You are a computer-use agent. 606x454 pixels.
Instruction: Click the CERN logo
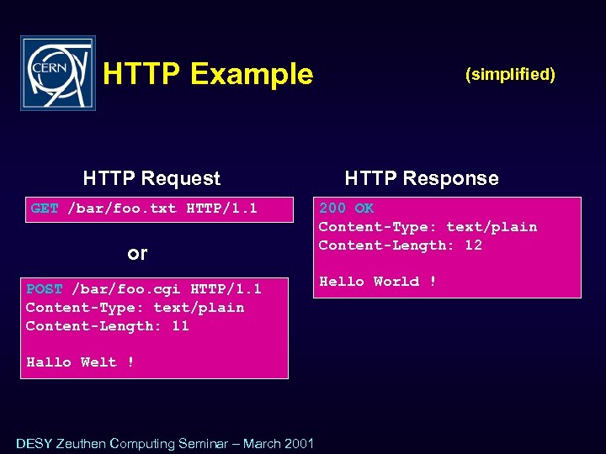58,73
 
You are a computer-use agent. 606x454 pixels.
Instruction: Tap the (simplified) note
510,74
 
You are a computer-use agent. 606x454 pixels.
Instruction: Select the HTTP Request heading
151,178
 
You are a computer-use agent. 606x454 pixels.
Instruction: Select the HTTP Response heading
421,178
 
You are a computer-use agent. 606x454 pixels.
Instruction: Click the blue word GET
45,209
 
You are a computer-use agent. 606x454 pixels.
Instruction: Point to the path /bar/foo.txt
122,209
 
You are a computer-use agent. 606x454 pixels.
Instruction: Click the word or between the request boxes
137,252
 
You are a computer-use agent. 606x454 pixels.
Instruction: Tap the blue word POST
44,289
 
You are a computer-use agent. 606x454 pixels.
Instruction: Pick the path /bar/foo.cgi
127,289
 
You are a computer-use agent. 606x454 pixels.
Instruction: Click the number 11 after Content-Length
180,326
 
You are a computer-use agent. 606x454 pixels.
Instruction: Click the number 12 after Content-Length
473,245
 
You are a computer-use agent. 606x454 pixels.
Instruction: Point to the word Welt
98,362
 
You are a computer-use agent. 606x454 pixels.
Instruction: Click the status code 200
332,209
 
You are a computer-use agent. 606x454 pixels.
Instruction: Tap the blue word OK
364,209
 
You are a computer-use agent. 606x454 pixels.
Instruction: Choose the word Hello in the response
342,282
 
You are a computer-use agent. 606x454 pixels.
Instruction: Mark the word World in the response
396,282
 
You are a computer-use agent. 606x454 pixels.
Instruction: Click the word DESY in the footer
34,443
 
